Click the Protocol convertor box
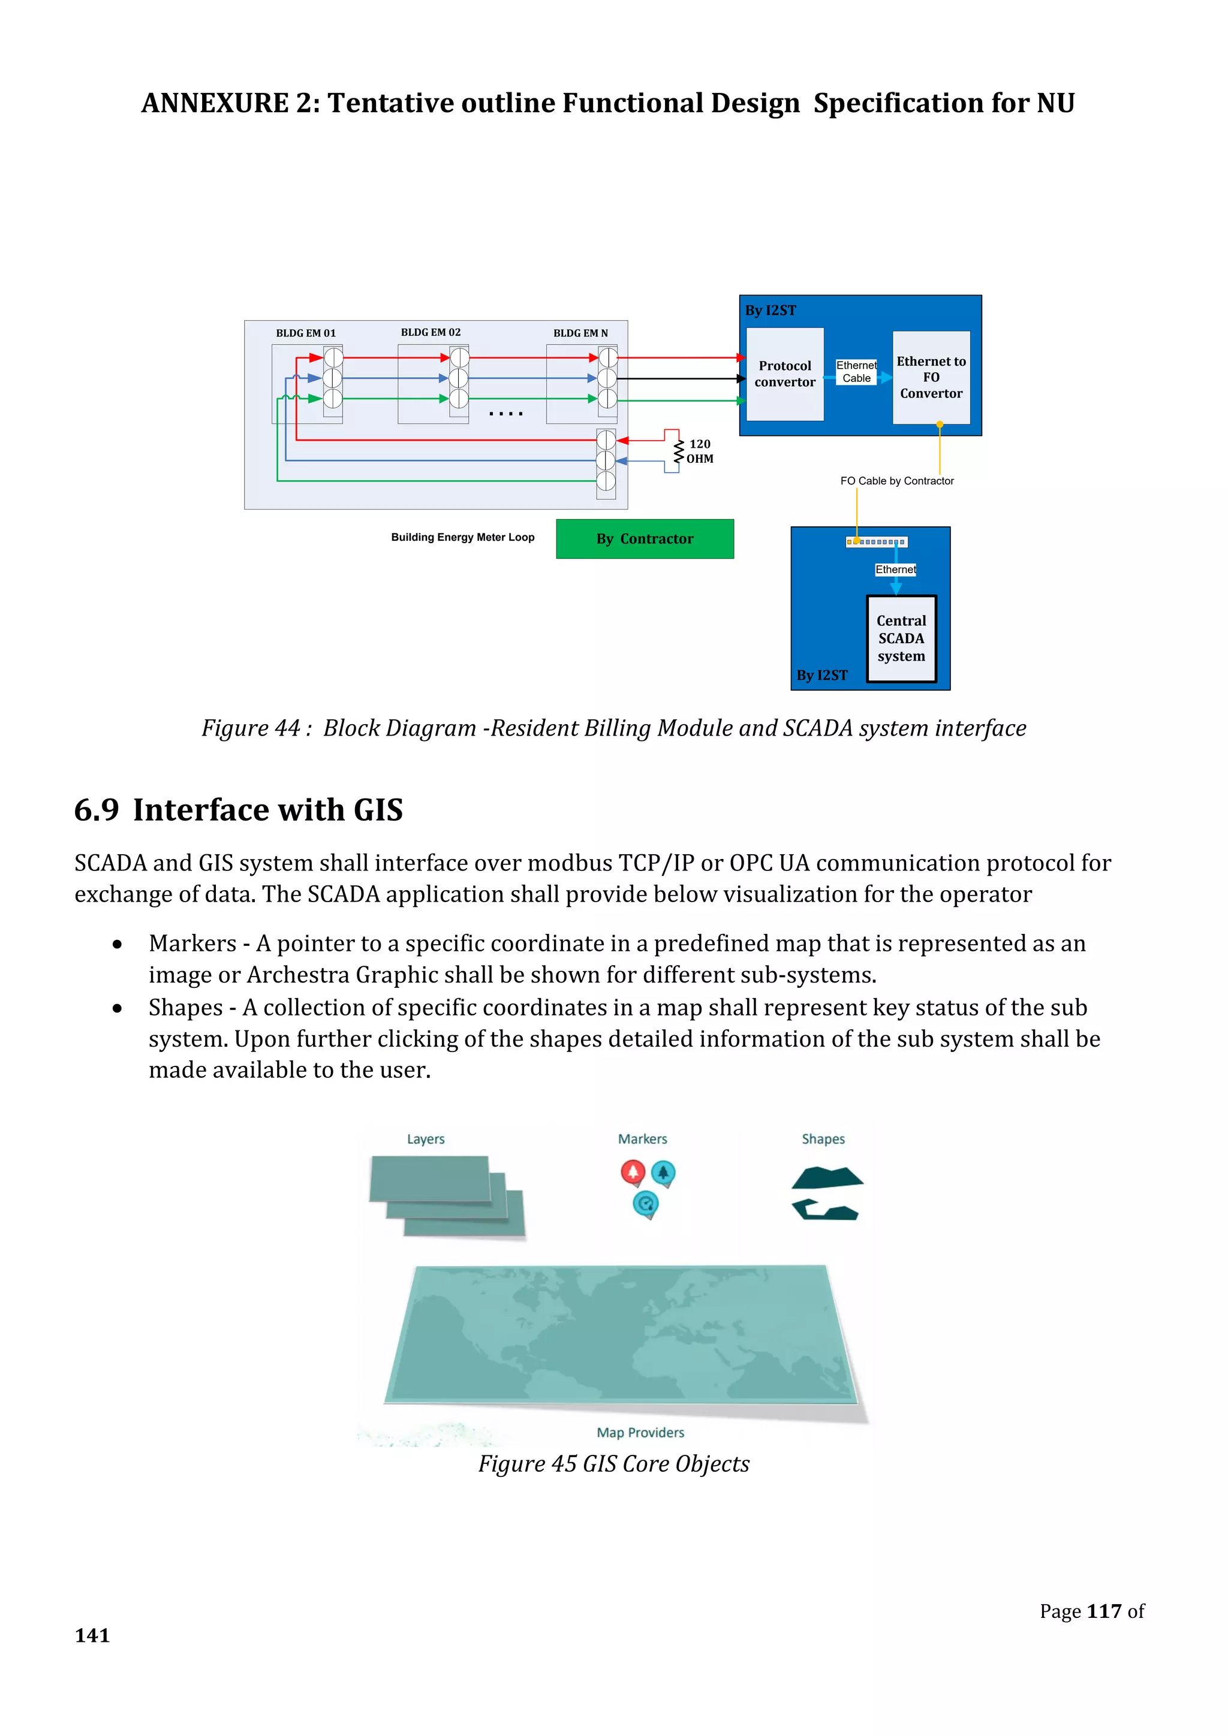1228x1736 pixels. tap(785, 374)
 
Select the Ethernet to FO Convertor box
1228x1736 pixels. tap(931, 377)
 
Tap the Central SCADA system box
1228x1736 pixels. tap(901, 638)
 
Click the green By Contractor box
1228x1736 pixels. tap(644, 539)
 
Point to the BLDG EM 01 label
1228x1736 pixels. tap(305, 333)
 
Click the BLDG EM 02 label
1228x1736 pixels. tap(431, 333)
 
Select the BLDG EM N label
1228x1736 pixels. tap(580, 333)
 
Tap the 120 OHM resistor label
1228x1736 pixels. tap(700, 451)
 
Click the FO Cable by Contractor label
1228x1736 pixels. tap(897, 481)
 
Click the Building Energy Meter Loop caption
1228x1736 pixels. tap(463, 538)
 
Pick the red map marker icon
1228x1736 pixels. tap(633, 1173)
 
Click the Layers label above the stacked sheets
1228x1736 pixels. tap(426, 1140)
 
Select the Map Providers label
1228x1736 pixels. tap(640, 1433)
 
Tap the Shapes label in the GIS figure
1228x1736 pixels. tap(823, 1140)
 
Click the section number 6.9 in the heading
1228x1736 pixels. tap(97, 810)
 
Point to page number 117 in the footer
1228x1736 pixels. tap(1104, 1611)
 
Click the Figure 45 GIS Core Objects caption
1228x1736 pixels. tap(613, 1464)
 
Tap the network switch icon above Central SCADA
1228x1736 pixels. tap(877, 542)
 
